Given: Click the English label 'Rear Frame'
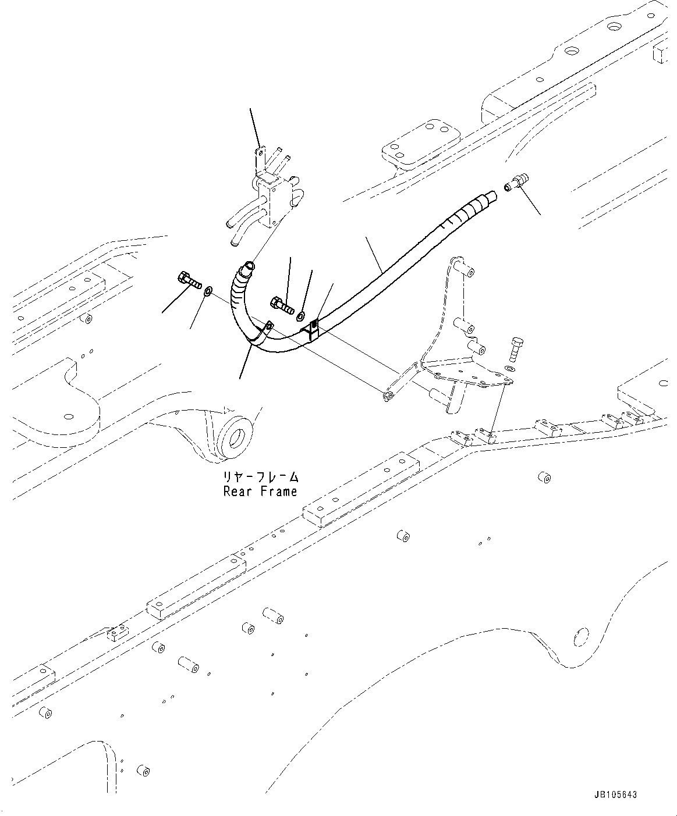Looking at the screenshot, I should [260, 491].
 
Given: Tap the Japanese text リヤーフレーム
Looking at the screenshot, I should [260, 477].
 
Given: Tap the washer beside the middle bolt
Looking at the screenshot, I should [300, 316].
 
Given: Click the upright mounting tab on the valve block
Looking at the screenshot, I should [260, 159].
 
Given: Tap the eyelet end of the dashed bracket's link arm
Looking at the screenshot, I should [388, 396].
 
